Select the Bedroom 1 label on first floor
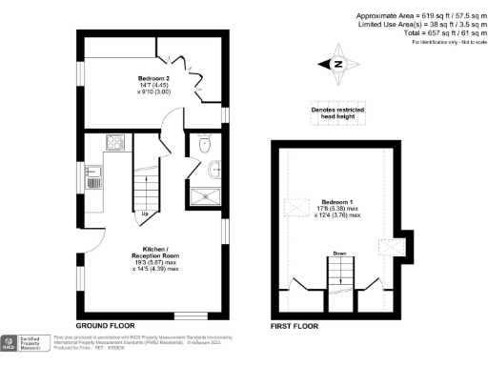click(340, 209)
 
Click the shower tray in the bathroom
click(204, 196)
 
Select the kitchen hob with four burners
click(114, 144)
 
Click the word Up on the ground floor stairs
click(145, 213)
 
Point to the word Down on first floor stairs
click(339, 254)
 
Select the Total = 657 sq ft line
click(429, 33)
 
